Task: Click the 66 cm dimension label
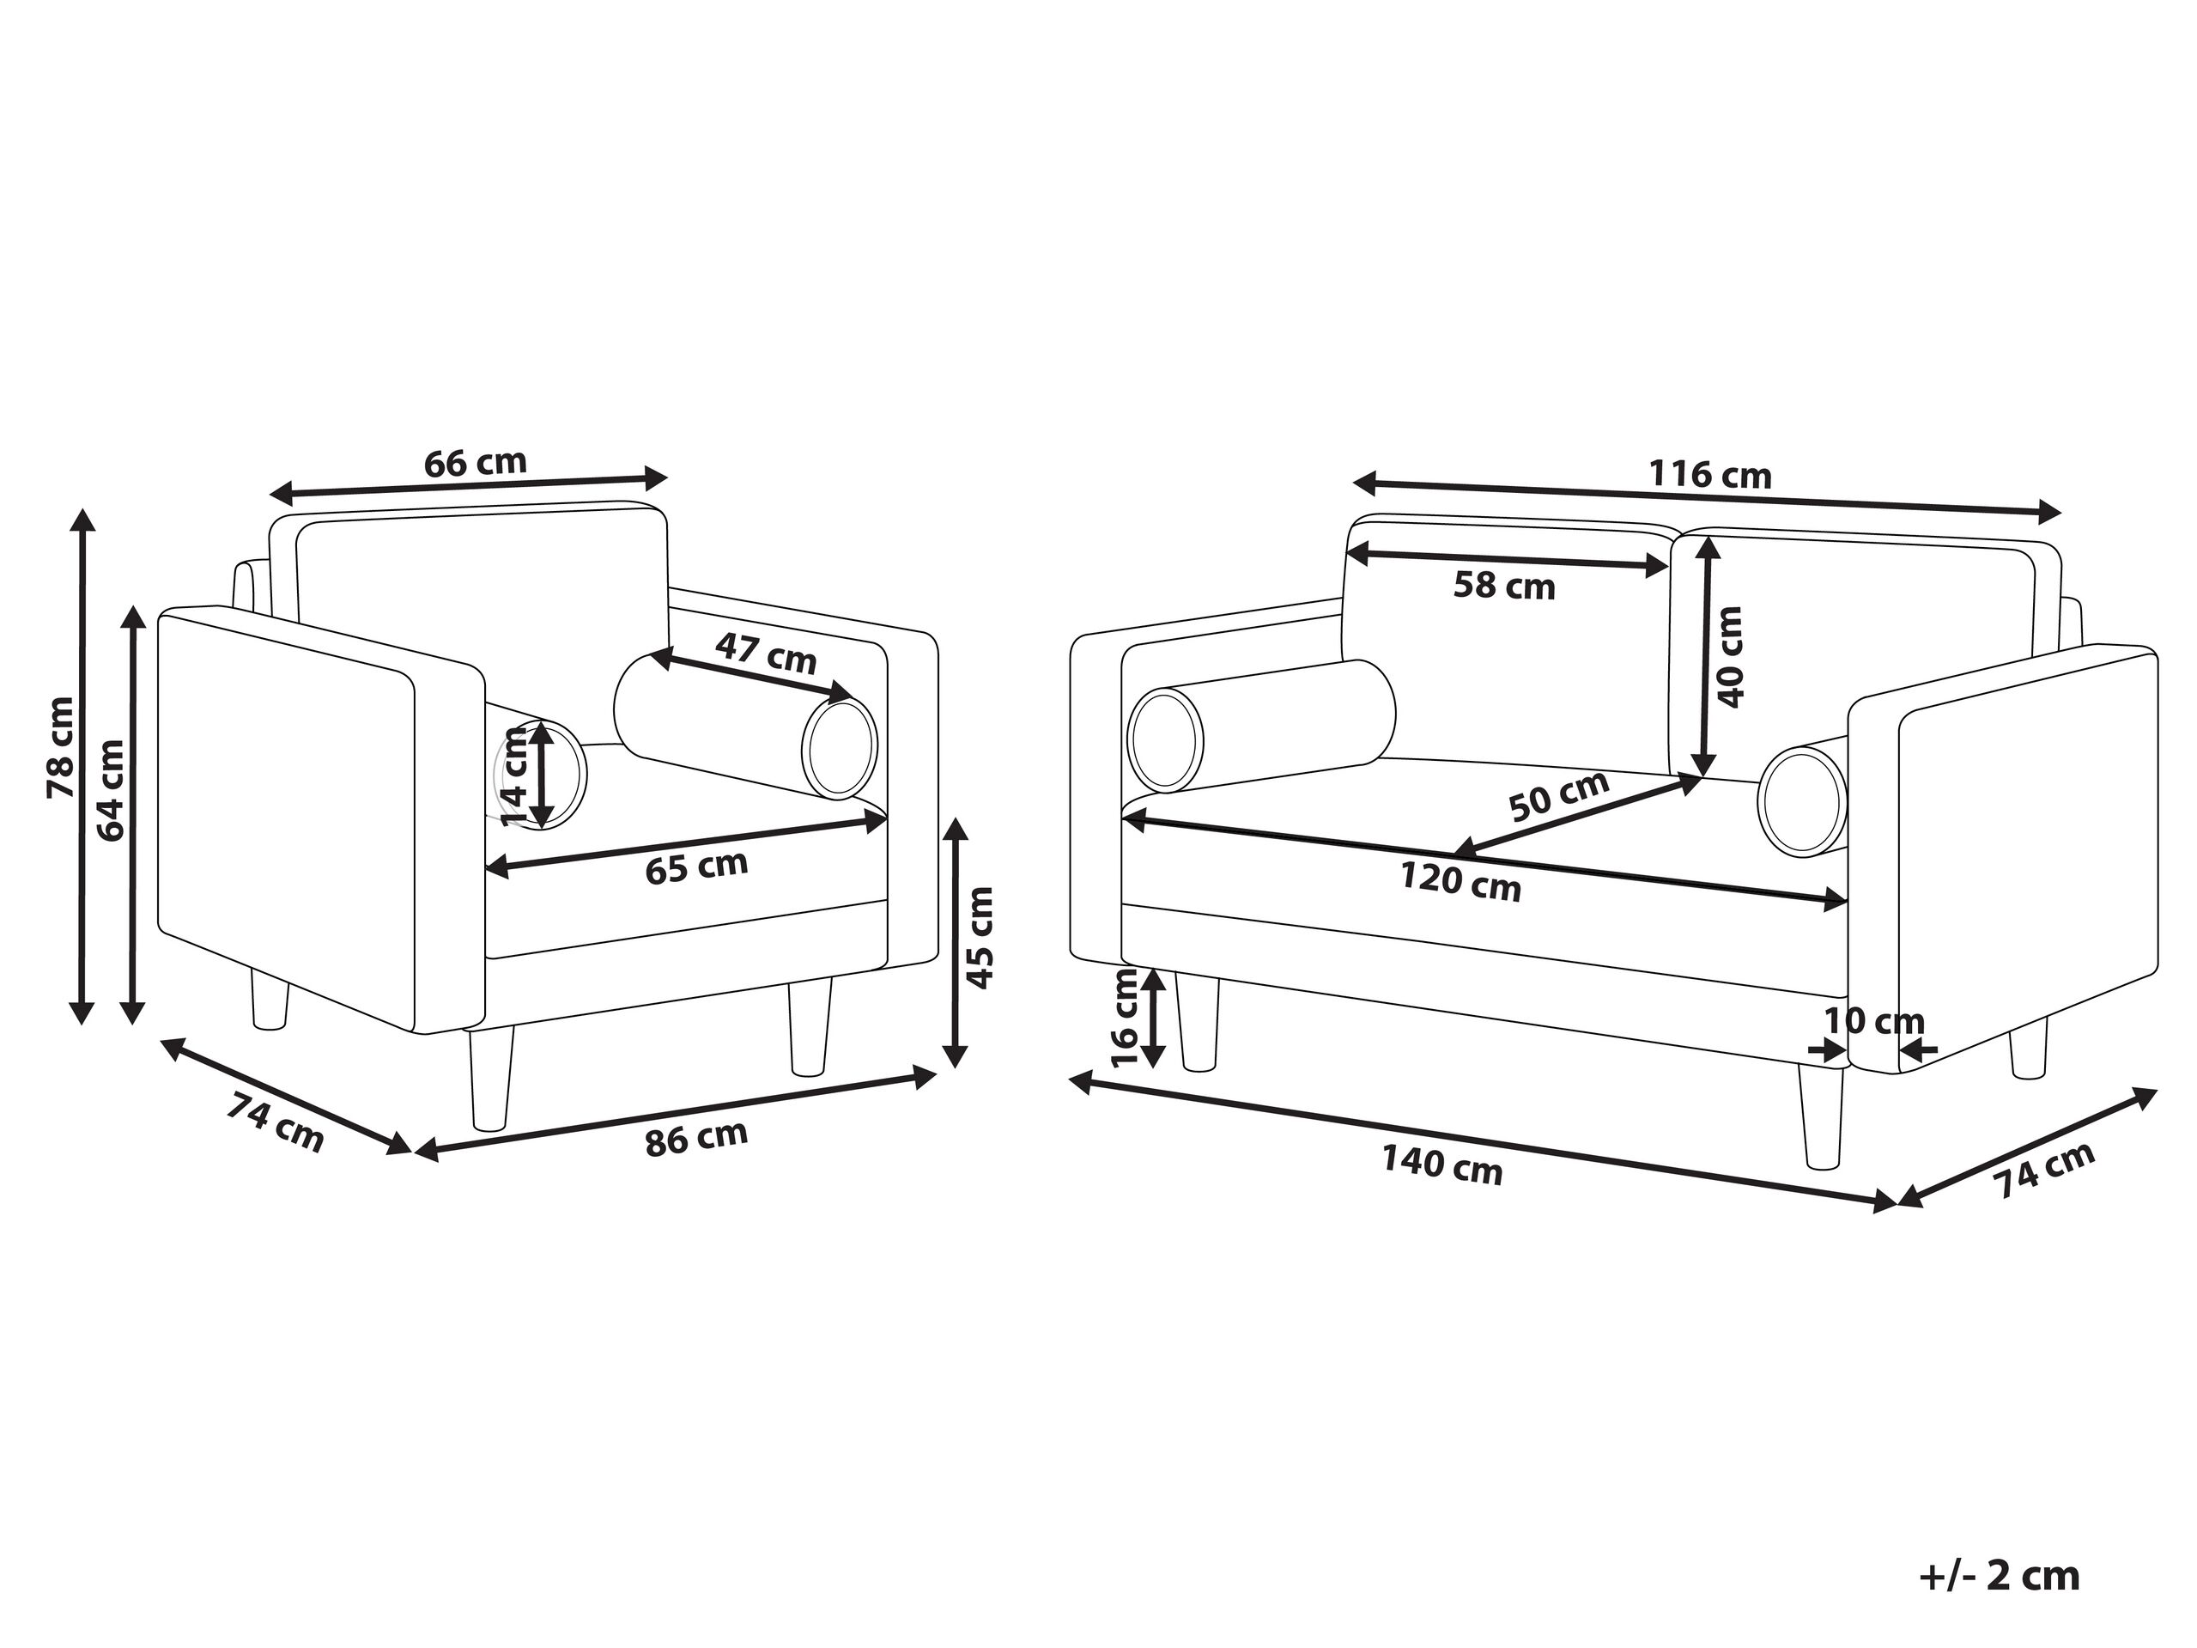pyautogui.click(x=475, y=463)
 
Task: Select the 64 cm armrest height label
pyautogui.click(x=110, y=791)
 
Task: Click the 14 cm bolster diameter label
pyautogui.click(x=514, y=775)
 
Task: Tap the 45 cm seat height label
pyautogui.click(x=980, y=938)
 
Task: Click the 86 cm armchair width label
pyautogui.click(x=696, y=1139)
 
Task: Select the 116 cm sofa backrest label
pyautogui.click(x=1710, y=475)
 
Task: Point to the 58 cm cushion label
pyautogui.click(x=1504, y=586)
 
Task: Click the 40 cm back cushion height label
pyautogui.click(x=1729, y=657)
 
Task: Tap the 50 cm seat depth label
pyautogui.click(x=1558, y=797)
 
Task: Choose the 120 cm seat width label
pyautogui.click(x=1460, y=882)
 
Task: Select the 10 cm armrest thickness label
pyautogui.click(x=1873, y=1021)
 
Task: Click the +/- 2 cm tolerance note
pyautogui.click(x=1999, y=1576)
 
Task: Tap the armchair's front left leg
pyautogui.click(x=490, y=1078)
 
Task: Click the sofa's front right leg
pyautogui.click(x=1821, y=1115)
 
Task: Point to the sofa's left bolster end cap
pyautogui.click(x=1165, y=740)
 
